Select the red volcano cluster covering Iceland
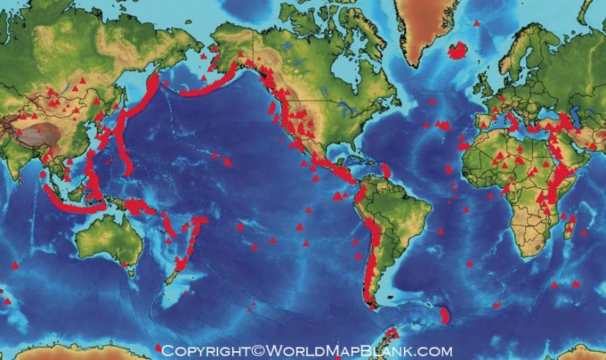458,50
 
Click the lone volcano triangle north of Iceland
476,23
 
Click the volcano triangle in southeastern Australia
125,262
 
